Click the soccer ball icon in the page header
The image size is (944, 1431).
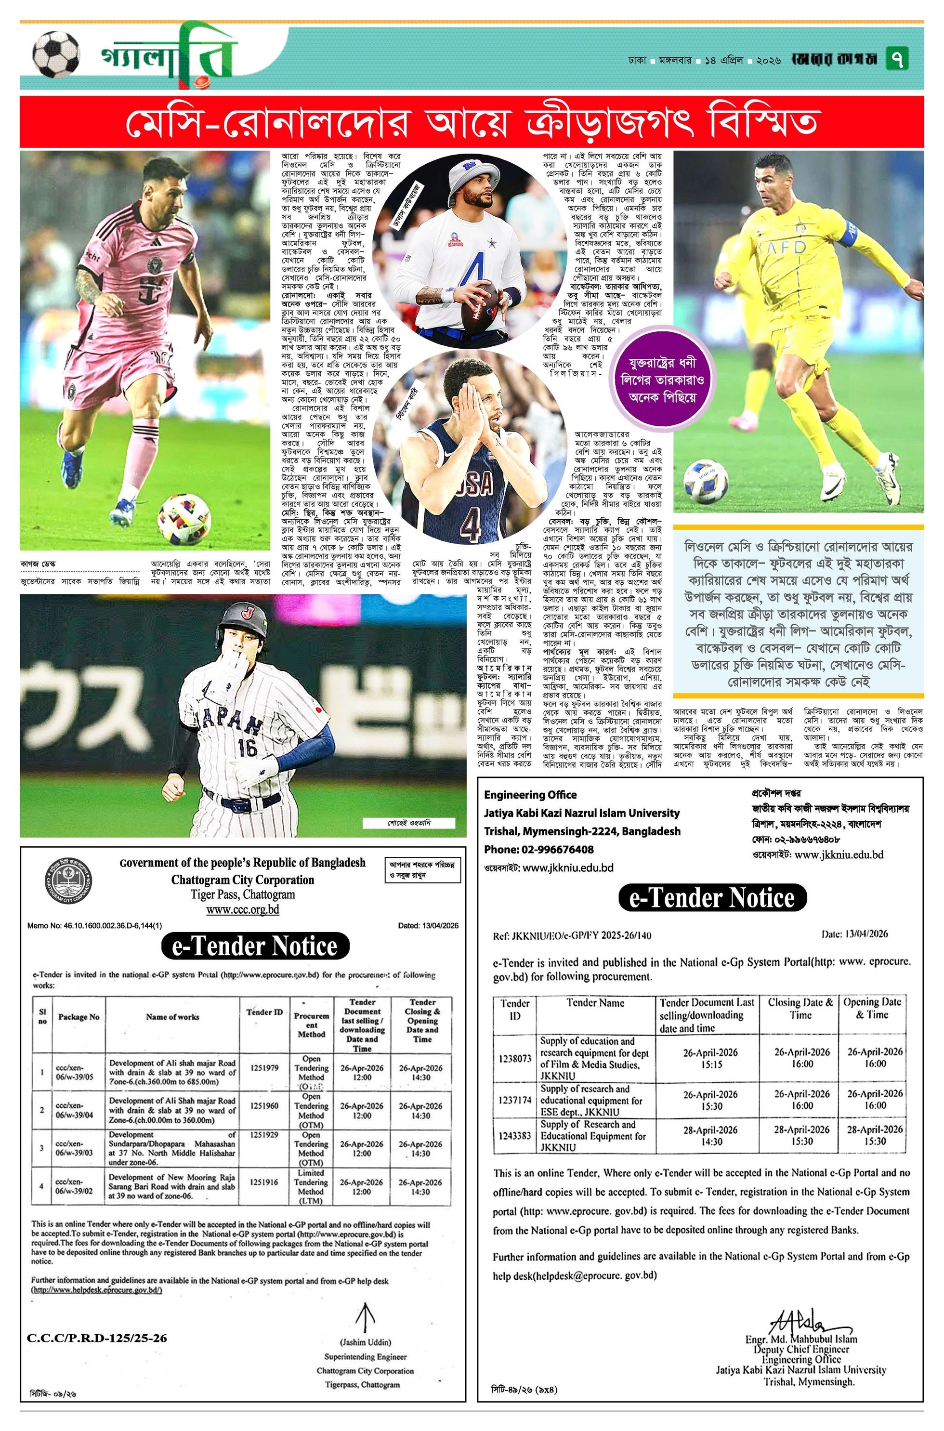(55, 55)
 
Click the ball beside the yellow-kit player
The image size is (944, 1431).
(706, 481)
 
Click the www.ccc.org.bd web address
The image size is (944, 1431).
(243, 910)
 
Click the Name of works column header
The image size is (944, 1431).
(172, 1017)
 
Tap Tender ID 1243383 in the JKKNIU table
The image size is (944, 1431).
(515, 1136)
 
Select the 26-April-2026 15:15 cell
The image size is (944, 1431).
(710, 1058)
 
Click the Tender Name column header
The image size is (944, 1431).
(595, 1003)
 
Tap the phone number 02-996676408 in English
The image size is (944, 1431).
(539, 850)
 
